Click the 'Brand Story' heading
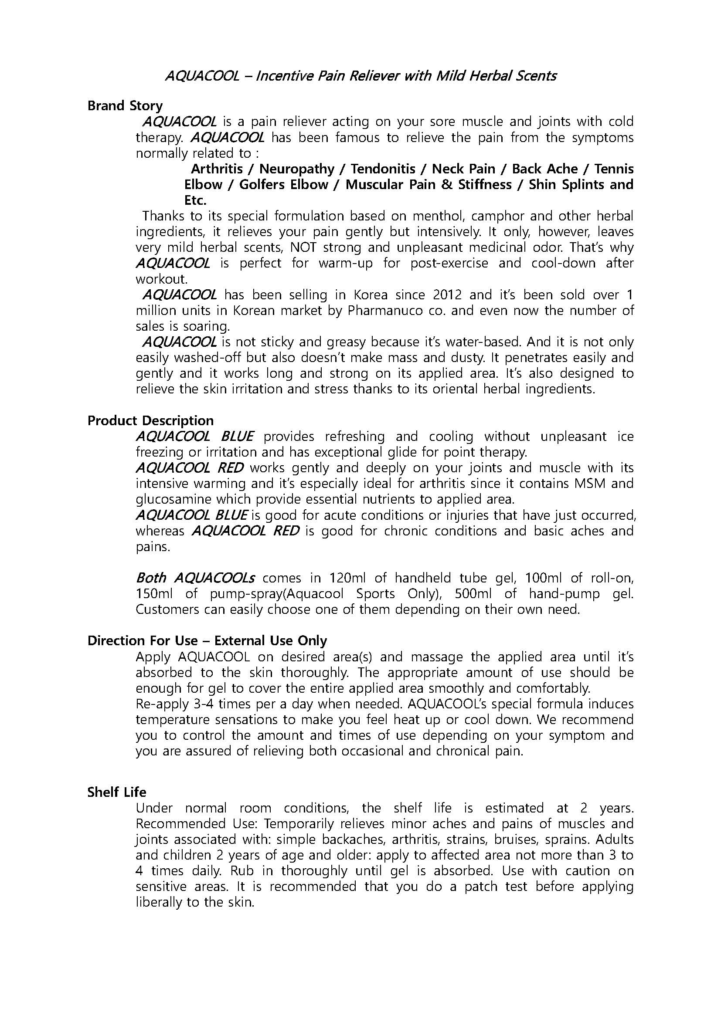click(125, 105)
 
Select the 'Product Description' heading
click(150, 420)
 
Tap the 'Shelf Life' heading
click(117, 792)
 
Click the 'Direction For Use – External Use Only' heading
click(207, 640)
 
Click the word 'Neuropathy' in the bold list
click(296, 169)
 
